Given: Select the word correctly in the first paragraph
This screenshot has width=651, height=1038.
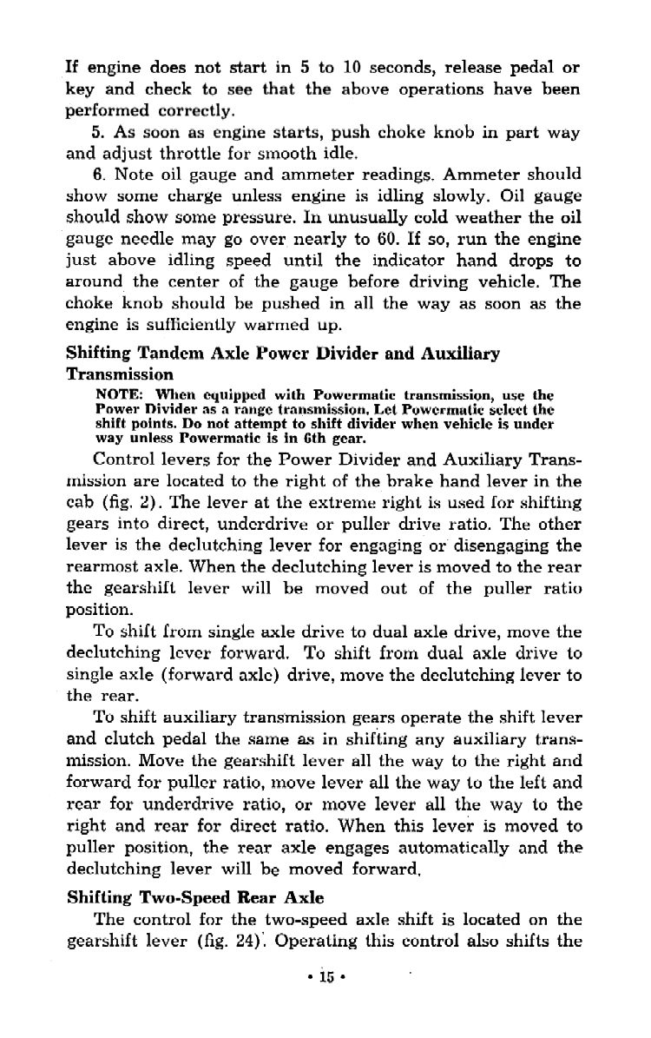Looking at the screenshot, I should [187, 110].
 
